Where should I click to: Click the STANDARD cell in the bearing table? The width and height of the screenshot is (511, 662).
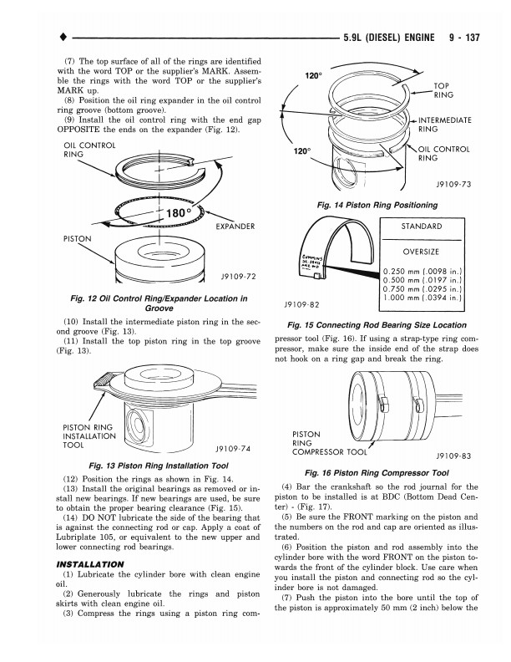pos(421,227)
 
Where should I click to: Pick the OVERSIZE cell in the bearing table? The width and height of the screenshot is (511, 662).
pos(421,252)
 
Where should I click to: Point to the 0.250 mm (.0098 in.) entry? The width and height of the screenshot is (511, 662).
pos(422,271)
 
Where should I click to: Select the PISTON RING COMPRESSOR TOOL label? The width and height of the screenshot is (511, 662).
pos(330,444)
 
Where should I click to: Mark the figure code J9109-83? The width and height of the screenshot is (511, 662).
pos(453,456)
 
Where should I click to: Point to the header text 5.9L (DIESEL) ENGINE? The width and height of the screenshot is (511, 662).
pos(387,38)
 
